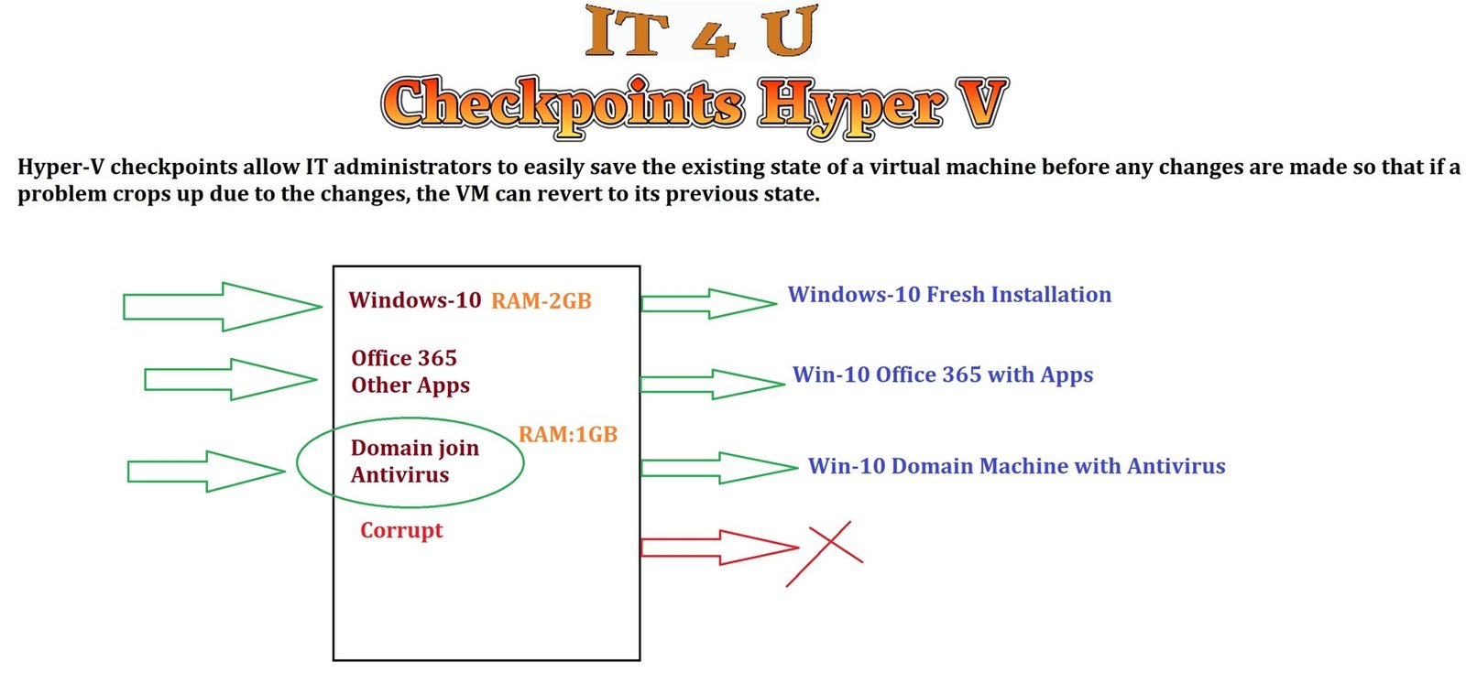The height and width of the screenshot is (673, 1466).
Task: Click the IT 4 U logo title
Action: (700, 32)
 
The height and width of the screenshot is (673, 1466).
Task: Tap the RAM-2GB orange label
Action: (541, 301)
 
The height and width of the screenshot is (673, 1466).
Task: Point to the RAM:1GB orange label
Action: (568, 435)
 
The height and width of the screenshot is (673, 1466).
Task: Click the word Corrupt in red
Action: (401, 531)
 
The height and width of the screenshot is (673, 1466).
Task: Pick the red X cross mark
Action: (825, 553)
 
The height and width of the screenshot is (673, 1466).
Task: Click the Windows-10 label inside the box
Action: (415, 300)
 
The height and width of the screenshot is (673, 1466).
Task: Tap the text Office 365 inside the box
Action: (404, 358)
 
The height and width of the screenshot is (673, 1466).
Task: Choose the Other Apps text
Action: (410, 385)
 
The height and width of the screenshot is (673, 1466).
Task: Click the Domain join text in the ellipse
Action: (415, 448)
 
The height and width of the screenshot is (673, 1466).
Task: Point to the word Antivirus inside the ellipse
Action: (400, 475)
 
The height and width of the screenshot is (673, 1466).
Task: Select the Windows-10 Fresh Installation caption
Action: (949, 295)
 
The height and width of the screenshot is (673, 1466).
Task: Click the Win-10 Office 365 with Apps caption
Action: (943, 374)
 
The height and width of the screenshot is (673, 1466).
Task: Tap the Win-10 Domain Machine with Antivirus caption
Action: (1016, 466)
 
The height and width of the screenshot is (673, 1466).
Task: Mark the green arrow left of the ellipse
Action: (205, 472)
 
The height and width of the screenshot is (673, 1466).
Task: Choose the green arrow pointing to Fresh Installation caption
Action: (707, 304)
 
